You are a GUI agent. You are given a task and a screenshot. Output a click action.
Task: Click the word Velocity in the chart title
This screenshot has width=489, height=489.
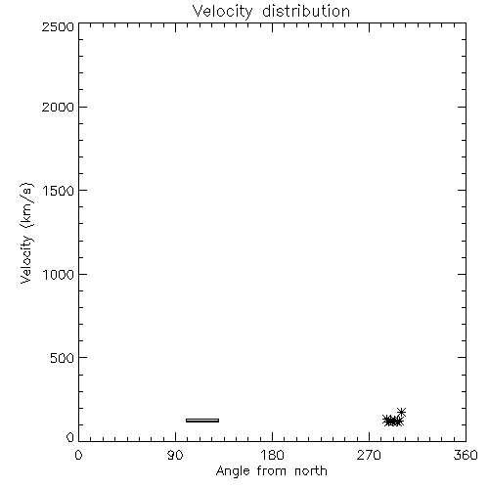coord(222,12)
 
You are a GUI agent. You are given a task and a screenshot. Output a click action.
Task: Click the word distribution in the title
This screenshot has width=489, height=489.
coord(306,11)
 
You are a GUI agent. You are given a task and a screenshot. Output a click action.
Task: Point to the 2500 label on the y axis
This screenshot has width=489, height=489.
coord(58,26)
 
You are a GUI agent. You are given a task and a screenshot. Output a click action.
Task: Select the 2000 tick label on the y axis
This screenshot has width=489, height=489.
coord(58,107)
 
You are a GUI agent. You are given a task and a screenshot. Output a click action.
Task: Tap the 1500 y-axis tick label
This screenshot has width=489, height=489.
coord(59,191)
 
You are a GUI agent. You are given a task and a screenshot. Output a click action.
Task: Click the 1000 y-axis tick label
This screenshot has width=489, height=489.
coord(59,275)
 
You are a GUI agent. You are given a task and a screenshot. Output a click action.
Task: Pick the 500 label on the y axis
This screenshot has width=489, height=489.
coord(63,358)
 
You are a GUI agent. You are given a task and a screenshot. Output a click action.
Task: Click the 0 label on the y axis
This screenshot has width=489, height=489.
coord(70,437)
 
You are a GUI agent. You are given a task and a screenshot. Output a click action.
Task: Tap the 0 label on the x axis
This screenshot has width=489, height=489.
coord(78,455)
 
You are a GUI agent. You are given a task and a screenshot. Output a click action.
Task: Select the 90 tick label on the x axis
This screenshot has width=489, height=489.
coord(175,455)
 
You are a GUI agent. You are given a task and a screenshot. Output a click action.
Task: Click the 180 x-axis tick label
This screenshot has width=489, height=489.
coord(272,455)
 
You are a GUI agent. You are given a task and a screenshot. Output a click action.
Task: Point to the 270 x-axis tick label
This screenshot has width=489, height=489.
coord(369,455)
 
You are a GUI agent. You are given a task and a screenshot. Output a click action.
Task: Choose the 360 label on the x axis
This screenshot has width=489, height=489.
coord(466,455)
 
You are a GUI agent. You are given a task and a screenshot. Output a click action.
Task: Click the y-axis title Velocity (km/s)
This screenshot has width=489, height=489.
coord(26,233)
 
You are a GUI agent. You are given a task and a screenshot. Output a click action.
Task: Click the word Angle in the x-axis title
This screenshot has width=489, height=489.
coord(233,471)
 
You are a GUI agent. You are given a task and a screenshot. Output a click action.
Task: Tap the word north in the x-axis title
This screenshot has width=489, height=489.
coord(311,471)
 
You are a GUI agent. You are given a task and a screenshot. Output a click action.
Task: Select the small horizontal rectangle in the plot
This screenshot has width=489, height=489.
coord(202,421)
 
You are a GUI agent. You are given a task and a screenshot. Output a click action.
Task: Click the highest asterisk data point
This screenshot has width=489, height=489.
coord(401,412)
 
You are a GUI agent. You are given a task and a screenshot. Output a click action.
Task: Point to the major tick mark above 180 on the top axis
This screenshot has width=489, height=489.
coord(272,27)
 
